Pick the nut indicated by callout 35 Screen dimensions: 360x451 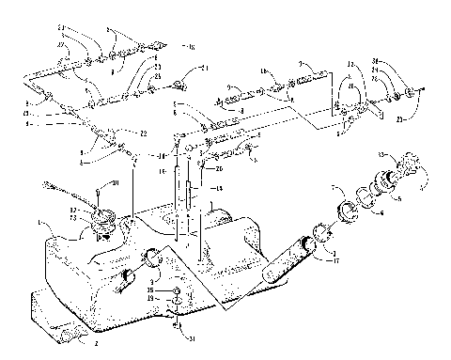pos(177,292)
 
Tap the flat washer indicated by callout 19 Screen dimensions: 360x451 pos(177,303)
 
